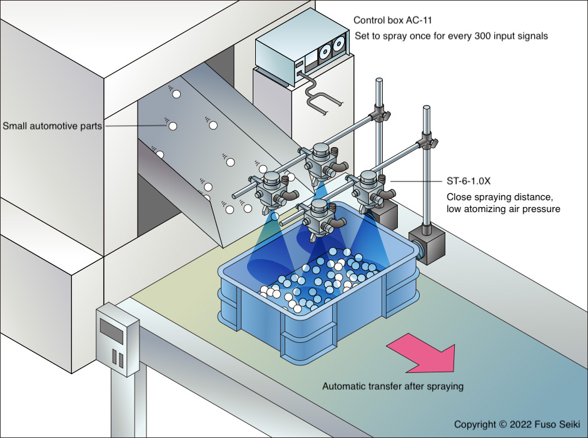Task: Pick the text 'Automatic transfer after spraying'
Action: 393,386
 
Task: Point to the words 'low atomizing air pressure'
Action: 504,208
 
